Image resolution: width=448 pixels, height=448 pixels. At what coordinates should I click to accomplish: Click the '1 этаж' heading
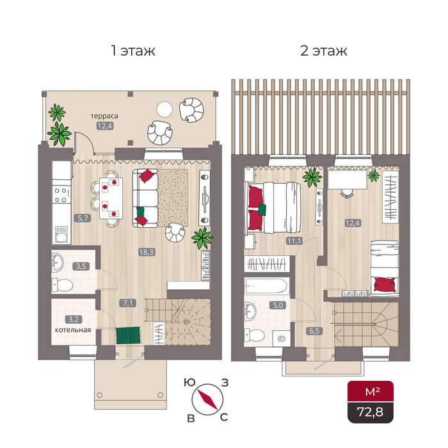pyautogui.click(x=133, y=51)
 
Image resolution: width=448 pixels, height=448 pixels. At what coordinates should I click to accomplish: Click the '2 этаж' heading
pyautogui.click(x=324, y=51)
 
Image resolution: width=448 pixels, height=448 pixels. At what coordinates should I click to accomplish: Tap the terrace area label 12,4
pyautogui.click(x=105, y=125)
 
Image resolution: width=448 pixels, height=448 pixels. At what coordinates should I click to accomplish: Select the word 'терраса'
pyautogui.click(x=104, y=116)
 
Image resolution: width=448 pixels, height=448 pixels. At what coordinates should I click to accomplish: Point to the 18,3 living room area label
pyautogui.click(x=147, y=252)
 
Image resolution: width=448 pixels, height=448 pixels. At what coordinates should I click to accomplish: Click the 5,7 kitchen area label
pyautogui.click(x=83, y=218)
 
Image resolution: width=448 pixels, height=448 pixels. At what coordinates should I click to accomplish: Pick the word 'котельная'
pyautogui.click(x=73, y=330)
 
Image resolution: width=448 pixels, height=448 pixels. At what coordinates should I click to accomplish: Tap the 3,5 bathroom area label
pyautogui.click(x=81, y=266)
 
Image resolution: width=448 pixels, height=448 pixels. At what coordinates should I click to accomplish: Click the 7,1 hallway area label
pyautogui.click(x=128, y=303)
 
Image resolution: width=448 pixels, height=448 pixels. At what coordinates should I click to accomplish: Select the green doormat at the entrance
pyautogui.click(x=128, y=335)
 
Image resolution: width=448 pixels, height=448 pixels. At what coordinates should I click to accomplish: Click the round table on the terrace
pyautogui.click(x=164, y=109)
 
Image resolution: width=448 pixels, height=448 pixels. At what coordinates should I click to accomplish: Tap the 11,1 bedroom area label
pyautogui.click(x=294, y=241)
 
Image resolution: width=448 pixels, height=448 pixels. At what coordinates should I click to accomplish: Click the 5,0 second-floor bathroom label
pyautogui.click(x=278, y=305)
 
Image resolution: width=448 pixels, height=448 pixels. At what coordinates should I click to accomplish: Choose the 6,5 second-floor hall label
pyautogui.click(x=314, y=331)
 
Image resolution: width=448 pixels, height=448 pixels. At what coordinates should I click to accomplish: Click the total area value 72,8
pyautogui.click(x=371, y=412)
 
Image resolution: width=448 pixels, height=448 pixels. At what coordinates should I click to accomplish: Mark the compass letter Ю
pyautogui.click(x=189, y=382)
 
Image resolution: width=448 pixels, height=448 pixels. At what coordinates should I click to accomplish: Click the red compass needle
pyautogui.click(x=207, y=399)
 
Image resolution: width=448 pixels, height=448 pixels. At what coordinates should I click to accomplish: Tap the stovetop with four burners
pyautogui.click(x=61, y=195)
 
